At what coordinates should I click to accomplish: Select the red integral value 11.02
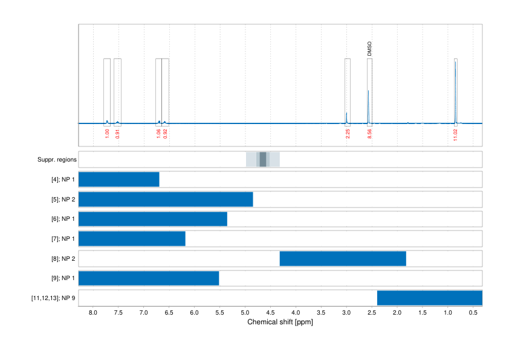455,135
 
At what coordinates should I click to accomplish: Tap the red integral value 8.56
369,134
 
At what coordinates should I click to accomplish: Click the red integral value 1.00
107,134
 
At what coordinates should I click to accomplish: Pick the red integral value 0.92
165,134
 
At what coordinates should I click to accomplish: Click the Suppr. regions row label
56,160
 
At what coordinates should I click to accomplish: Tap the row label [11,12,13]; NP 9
53,298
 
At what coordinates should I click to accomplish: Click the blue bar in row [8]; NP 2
343,259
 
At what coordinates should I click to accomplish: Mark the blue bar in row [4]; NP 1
119,180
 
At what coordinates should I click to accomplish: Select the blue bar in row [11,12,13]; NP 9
429,298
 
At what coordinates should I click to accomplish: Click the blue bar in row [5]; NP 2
166,200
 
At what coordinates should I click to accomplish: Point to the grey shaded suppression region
263,160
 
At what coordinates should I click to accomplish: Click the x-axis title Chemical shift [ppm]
280,322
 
